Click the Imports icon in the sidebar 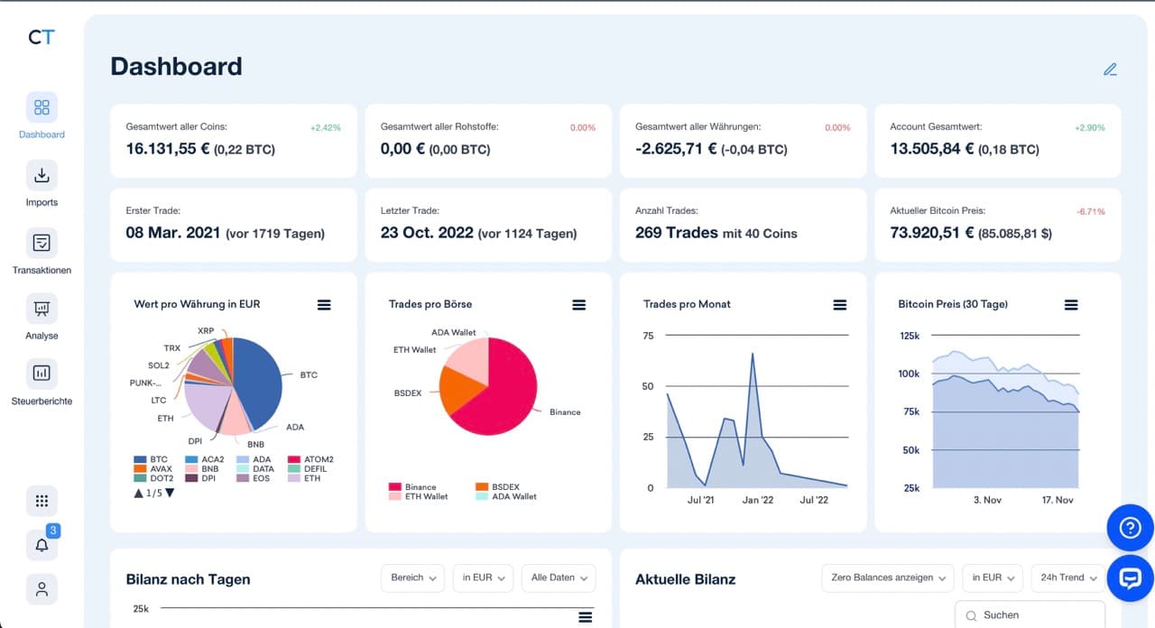point(42,175)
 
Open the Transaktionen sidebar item point(42,243)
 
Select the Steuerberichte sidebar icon point(42,373)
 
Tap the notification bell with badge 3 point(42,544)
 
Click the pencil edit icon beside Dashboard point(1110,69)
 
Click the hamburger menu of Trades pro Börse point(579,305)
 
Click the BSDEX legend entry point(505,486)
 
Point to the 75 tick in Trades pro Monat point(647,336)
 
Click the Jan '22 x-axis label point(757,500)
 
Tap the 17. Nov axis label point(1058,500)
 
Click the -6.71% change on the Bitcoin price point(1090,211)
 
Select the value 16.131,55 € point(168,149)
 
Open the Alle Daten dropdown point(559,577)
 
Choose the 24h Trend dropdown point(1068,577)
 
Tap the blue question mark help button point(1130,528)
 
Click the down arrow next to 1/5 point(170,493)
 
